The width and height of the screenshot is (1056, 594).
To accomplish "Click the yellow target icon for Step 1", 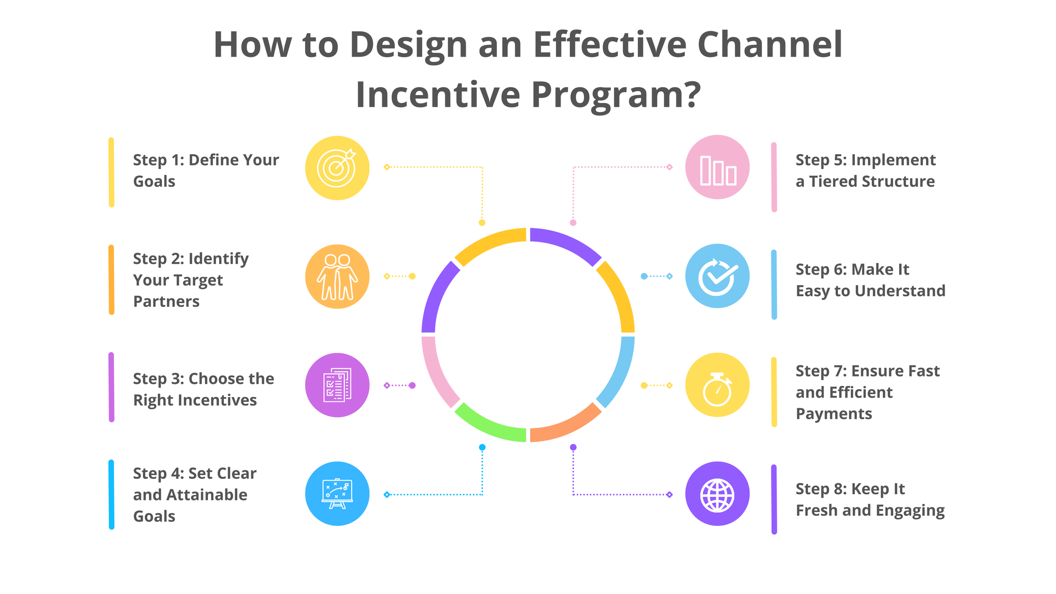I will coord(337,168).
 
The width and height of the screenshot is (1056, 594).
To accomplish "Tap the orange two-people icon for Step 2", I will coord(337,277).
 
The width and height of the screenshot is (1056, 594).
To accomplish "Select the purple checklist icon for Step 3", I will coord(337,385).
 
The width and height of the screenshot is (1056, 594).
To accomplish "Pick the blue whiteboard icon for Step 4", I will coord(337,494).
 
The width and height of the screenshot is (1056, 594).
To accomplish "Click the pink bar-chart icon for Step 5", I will coord(717,167).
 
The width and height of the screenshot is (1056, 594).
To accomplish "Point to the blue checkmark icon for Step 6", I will coord(717,276).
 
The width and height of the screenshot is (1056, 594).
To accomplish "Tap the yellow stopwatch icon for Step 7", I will coord(717,385).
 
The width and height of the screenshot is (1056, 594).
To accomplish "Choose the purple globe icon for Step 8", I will coord(717,494).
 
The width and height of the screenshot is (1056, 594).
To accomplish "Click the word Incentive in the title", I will coord(438,95).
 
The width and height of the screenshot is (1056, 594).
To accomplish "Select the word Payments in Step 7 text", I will coord(834,414).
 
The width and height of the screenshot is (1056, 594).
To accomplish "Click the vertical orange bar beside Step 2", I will coord(111,280).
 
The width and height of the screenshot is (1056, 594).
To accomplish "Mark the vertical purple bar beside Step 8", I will coord(774,499).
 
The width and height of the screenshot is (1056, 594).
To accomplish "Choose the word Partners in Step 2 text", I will coord(166,301).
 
